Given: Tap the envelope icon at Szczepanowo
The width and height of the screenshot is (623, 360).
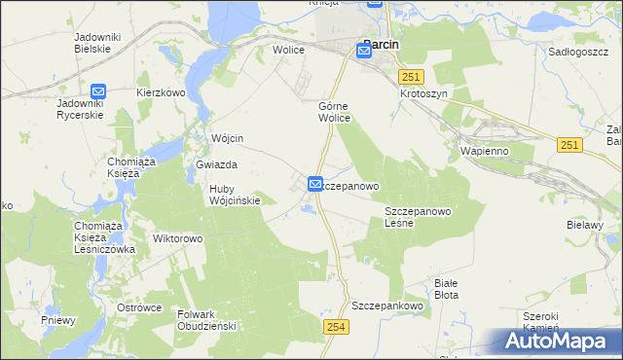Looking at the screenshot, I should (315, 183).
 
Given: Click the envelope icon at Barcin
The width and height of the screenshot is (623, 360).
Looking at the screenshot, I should (364, 54).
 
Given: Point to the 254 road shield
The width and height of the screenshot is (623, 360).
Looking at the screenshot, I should (336, 328).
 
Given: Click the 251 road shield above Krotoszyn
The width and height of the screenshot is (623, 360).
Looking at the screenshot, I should (412, 77).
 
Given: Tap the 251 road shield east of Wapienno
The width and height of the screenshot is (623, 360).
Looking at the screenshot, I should (570, 145).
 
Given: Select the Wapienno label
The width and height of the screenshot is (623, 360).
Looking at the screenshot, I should (480, 153).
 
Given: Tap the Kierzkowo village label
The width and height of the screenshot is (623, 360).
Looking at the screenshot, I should (161, 92).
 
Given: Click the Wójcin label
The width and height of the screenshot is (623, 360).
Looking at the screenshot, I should (226, 138).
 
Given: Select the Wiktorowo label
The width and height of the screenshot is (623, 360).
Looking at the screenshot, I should (177, 237).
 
